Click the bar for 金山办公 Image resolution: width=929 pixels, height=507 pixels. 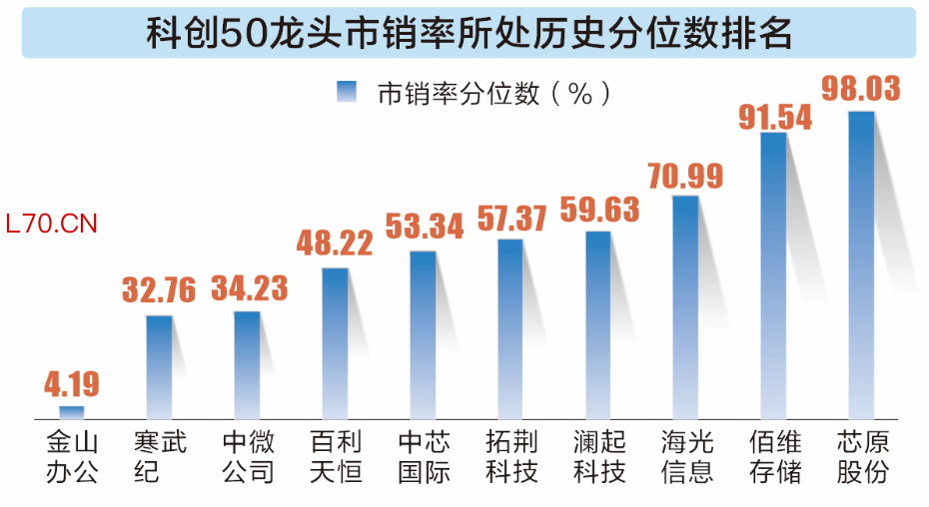pos(72,411)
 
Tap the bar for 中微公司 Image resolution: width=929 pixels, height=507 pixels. pos(248,364)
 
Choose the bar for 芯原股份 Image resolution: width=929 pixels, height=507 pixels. pos(861,264)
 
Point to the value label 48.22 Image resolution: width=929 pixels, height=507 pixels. pos(336,244)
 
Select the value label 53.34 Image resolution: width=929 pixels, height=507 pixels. pos(424,227)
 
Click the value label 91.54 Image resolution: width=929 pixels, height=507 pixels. pos(774,116)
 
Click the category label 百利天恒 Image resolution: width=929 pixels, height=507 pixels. pos(336,456)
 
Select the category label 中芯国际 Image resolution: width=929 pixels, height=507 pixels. pos(424,456)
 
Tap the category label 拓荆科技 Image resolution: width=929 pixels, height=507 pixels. pos(511,456)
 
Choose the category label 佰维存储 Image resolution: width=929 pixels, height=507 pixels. pos(774,456)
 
